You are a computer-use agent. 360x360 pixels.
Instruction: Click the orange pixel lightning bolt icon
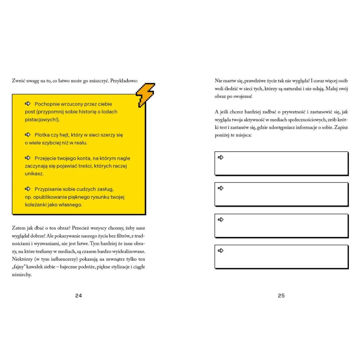coord(145,95)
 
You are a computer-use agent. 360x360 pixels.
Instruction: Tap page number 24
coord(78,296)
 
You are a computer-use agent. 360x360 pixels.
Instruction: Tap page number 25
coord(281,296)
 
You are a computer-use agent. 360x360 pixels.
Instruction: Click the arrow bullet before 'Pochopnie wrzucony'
coord(28,104)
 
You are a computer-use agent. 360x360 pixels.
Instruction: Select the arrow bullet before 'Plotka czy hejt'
coord(28,135)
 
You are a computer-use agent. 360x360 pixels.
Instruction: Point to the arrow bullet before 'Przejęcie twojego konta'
coord(28,158)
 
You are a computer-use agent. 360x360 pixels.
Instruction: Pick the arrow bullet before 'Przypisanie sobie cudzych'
coord(28,189)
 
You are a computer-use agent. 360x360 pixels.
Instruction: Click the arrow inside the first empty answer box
coord(221,157)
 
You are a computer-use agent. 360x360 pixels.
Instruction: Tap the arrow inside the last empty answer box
coord(221,251)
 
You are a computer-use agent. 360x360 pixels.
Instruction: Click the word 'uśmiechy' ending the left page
coord(22,275)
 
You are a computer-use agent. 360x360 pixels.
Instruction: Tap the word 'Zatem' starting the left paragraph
coord(18,228)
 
